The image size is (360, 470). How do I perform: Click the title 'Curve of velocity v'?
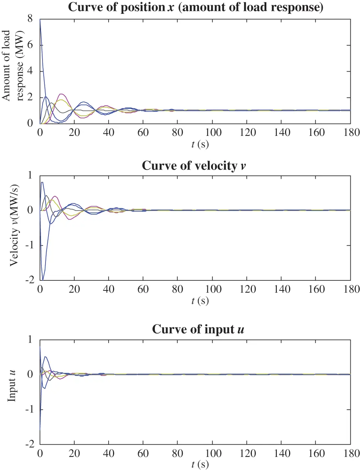coord(194,165)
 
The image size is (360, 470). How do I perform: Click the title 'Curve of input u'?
coord(198,329)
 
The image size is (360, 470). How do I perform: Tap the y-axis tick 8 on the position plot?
coord(30,19)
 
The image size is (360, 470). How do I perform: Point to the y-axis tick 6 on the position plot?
coord(30,45)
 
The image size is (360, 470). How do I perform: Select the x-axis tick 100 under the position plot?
coord(213,133)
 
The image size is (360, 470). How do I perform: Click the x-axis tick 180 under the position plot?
coord(351,133)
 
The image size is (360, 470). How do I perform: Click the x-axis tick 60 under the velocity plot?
coord(143,289)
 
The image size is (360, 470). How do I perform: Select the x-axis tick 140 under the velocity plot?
coord(282,289)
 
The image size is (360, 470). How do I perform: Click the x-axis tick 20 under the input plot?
coord(74,453)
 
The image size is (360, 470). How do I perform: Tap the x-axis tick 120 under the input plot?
coord(247,453)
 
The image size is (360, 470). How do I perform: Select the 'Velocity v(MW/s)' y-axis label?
coord(14,225)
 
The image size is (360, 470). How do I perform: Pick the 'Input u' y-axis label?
coord(12,386)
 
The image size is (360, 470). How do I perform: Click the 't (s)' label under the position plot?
coord(200,144)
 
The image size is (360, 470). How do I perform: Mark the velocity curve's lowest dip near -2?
coord(43,280)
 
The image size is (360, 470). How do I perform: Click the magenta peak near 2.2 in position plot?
coord(61,94)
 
